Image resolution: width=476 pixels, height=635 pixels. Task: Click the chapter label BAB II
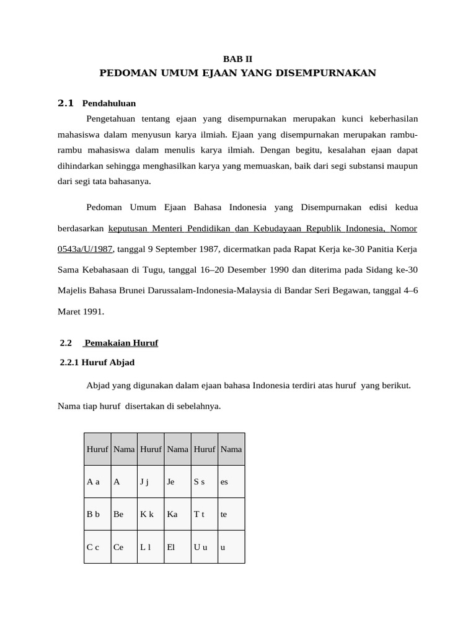pyautogui.click(x=237, y=60)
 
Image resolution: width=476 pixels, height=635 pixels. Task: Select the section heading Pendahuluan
pyautogui.click(x=109, y=103)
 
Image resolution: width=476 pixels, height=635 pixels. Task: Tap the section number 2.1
pyautogui.click(x=66, y=103)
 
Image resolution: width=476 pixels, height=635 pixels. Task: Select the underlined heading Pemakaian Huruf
pyautogui.click(x=121, y=342)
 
